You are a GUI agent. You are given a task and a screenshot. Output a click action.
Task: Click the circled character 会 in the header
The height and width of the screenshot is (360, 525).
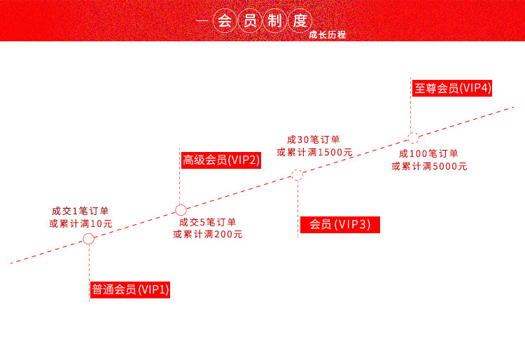(224, 20)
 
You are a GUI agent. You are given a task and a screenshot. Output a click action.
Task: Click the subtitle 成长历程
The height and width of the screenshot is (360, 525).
(328, 34)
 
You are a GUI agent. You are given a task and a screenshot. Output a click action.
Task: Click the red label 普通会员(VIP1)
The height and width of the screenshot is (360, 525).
(131, 289)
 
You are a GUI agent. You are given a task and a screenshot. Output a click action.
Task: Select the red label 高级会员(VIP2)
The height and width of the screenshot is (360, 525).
(221, 160)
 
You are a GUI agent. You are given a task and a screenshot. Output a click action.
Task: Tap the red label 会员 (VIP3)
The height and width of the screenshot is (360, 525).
(339, 224)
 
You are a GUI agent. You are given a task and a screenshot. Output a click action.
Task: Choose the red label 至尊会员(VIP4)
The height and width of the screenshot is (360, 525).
(451, 88)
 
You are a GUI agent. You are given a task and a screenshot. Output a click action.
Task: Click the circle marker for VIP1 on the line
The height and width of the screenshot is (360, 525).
(88, 239)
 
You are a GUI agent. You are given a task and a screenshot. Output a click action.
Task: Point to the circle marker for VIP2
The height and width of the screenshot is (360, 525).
(180, 209)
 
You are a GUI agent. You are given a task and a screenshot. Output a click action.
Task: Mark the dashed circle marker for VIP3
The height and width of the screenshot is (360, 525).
(297, 175)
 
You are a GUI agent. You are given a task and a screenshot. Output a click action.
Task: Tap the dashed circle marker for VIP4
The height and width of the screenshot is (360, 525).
(413, 138)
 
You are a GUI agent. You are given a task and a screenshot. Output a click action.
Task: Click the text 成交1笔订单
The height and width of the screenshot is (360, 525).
(80, 210)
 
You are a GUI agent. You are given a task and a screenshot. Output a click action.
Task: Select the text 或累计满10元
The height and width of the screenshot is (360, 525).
(80, 223)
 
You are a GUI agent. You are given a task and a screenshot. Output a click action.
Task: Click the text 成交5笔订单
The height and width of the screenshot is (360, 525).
(208, 222)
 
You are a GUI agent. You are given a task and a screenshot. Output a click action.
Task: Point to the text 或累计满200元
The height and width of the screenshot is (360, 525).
(208, 235)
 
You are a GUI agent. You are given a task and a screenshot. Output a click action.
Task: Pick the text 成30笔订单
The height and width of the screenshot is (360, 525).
(314, 139)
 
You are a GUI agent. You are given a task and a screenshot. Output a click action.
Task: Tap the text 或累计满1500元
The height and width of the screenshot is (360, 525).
(314, 152)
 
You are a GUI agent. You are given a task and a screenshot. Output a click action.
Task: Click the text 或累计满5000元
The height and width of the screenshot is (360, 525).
(429, 166)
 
